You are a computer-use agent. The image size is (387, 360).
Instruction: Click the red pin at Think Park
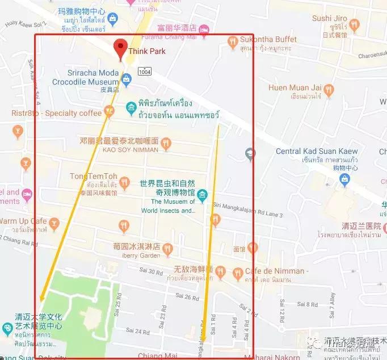tap(120, 48)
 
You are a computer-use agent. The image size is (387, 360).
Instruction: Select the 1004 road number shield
tap(144, 72)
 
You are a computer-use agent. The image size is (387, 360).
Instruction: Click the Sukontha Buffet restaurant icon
tap(232, 41)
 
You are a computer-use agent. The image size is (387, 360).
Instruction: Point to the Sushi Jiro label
tap(329, 18)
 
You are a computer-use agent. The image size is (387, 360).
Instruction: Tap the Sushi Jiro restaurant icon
tap(355, 24)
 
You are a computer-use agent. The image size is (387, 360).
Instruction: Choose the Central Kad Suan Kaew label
tap(316, 151)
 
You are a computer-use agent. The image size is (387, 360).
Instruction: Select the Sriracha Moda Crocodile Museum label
tap(93, 77)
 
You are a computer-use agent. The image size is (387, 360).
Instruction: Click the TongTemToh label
tap(94, 176)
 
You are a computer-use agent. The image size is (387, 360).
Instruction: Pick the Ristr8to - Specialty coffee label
tap(56, 113)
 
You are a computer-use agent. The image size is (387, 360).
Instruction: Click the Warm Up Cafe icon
tap(54, 222)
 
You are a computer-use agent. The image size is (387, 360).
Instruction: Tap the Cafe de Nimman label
tap(276, 271)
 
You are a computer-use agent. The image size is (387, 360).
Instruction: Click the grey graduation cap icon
tap(250, 153)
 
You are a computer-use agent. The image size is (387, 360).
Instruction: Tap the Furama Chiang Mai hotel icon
tap(204, 28)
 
